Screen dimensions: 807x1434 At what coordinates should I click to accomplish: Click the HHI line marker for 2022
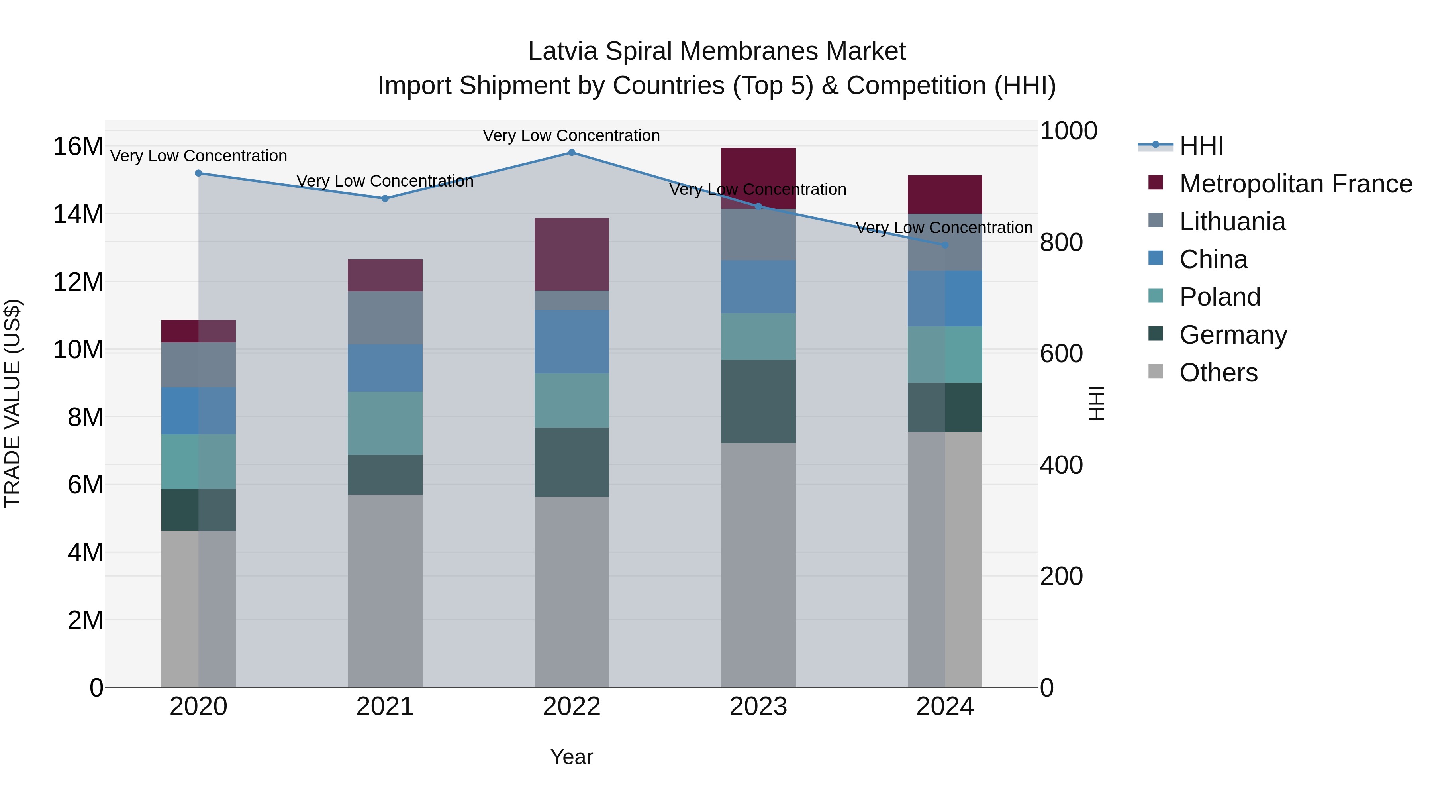(x=571, y=152)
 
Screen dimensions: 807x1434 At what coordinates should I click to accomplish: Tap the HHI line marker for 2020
(x=198, y=173)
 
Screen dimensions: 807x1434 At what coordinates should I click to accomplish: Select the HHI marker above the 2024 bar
(x=945, y=245)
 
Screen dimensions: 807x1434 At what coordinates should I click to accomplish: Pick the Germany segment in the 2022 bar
(x=571, y=462)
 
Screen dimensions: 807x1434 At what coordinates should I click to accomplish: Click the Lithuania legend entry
(x=1232, y=222)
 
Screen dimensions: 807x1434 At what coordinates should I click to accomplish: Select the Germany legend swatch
(x=1156, y=334)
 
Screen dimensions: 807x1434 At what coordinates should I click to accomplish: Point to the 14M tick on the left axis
(x=78, y=214)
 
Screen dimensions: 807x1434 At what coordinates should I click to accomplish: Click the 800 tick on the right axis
(x=1061, y=242)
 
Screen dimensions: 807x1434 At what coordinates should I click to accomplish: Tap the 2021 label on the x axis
(x=385, y=707)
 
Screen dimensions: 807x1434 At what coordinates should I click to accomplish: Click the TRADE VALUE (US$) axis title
(x=12, y=403)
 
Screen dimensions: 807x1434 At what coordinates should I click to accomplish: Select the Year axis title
(x=571, y=757)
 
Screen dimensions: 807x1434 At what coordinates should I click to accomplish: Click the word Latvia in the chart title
(x=562, y=51)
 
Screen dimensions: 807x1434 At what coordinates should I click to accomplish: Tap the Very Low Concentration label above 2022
(x=571, y=135)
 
